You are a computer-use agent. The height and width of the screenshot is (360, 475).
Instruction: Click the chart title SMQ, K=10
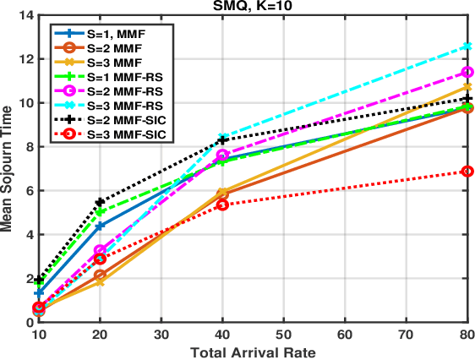(x=252, y=7)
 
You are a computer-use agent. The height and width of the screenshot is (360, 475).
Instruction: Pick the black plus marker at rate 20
(x=101, y=202)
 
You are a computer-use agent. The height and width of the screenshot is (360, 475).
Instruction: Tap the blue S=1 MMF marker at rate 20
(x=101, y=226)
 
